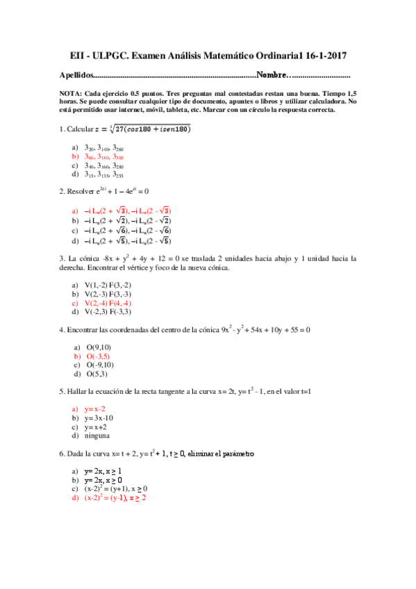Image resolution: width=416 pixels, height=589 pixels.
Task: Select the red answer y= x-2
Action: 95,409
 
